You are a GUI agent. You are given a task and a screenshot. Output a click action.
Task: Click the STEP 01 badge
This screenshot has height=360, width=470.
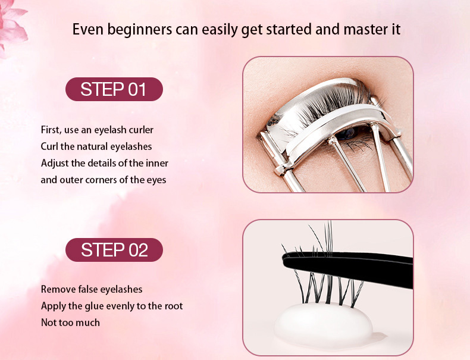click(x=114, y=89)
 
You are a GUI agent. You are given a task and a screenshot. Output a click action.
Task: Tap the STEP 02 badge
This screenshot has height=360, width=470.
click(x=114, y=250)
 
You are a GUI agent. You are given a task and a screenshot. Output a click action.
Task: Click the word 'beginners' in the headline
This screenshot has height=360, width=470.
click(x=140, y=30)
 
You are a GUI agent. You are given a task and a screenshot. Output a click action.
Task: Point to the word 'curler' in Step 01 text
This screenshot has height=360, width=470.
click(x=141, y=130)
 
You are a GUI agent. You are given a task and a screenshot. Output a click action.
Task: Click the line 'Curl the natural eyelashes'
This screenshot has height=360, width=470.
click(x=96, y=146)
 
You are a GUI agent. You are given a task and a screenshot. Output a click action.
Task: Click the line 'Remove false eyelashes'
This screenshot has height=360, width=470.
click(x=92, y=289)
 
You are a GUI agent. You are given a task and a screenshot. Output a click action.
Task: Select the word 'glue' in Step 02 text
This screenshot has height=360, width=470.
click(x=94, y=306)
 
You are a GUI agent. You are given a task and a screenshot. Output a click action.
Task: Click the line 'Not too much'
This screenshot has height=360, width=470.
click(x=70, y=323)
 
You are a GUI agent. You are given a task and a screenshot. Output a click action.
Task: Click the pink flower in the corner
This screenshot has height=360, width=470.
click(x=12, y=26)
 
